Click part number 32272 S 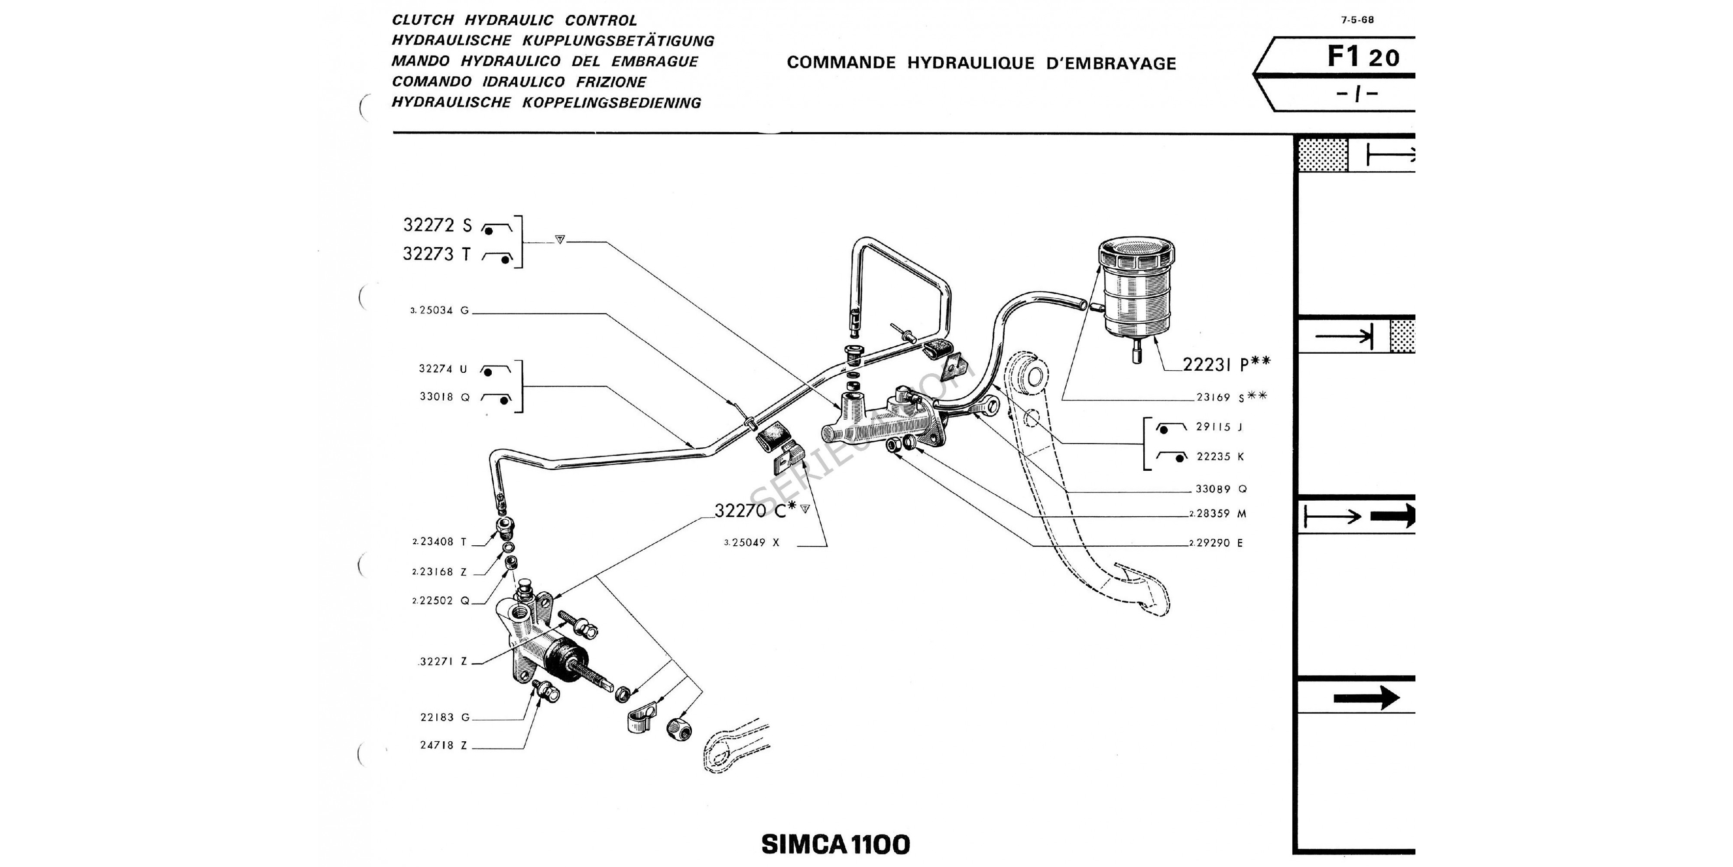pyautogui.click(x=437, y=225)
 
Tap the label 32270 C pyautogui.click(x=755, y=511)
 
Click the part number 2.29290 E pyautogui.click(x=1216, y=543)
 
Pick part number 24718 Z pyautogui.click(x=443, y=745)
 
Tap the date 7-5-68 pyautogui.click(x=1358, y=20)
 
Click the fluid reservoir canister pyautogui.click(x=1136, y=290)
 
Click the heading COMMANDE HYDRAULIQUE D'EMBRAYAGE pyautogui.click(x=981, y=63)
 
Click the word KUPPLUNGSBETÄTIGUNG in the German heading pyautogui.click(x=617, y=41)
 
